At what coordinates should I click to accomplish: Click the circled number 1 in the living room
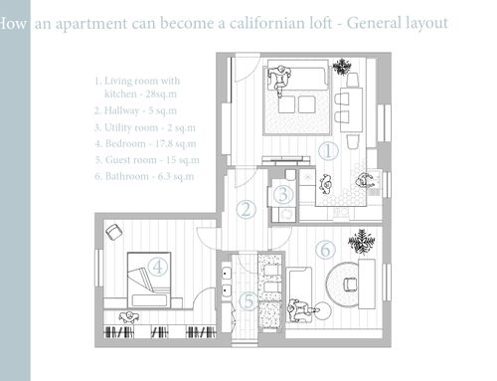(x=328, y=151)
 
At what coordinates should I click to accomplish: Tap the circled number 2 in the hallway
(x=247, y=210)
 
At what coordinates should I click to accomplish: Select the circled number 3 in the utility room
(x=283, y=194)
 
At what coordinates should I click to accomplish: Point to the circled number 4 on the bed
(x=158, y=267)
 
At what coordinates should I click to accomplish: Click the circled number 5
(x=249, y=301)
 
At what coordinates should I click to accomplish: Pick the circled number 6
(x=325, y=250)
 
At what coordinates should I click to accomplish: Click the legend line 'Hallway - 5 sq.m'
(x=135, y=110)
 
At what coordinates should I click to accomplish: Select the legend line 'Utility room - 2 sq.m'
(x=145, y=127)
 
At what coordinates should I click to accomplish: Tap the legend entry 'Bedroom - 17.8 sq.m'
(x=145, y=143)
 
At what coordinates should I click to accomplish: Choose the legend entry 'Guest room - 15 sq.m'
(x=147, y=160)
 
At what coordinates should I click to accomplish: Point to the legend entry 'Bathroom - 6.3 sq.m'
(x=144, y=176)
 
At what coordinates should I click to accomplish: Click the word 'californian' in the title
(x=280, y=23)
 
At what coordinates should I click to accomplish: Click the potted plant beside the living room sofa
(x=342, y=67)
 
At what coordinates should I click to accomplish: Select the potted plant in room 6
(x=361, y=241)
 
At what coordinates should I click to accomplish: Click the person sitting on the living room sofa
(x=279, y=79)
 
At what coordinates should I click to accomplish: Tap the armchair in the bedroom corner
(x=113, y=232)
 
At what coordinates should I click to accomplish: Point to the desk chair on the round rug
(x=350, y=285)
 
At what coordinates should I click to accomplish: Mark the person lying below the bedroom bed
(x=128, y=317)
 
